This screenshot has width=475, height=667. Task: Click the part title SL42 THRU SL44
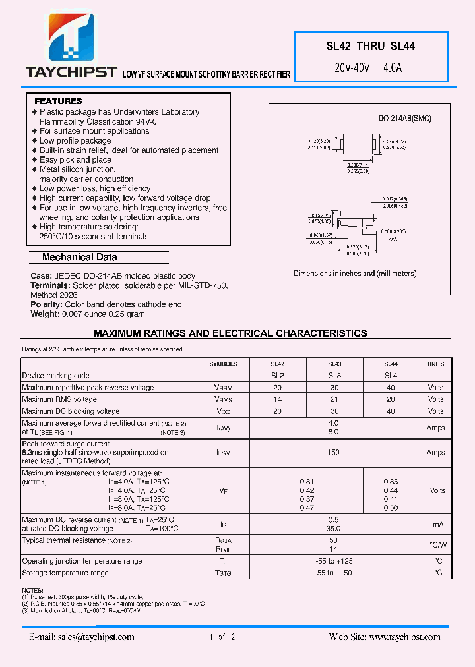(x=371, y=47)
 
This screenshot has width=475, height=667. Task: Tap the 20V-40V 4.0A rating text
(x=368, y=67)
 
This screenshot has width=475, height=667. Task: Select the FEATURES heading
(x=58, y=101)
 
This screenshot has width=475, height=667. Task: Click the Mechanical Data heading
(x=79, y=258)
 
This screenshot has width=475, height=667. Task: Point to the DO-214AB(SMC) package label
(x=404, y=118)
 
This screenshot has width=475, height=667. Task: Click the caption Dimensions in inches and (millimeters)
(x=355, y=274)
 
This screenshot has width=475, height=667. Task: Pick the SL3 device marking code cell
(x=334, y=376)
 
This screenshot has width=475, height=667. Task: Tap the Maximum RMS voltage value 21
(x=334, y=399)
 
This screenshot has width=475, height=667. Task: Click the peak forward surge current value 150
(x=333, y=453)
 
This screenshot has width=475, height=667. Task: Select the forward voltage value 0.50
(x=391, y=508)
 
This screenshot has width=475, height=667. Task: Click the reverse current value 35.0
(x=333, y=529)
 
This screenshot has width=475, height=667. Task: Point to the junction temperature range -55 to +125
(x=333, y=562)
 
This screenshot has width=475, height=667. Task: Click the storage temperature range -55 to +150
(x=333, y=573)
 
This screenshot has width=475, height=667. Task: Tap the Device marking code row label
(x=55, y=376)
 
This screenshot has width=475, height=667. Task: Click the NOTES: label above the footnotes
(x=32, y=591)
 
